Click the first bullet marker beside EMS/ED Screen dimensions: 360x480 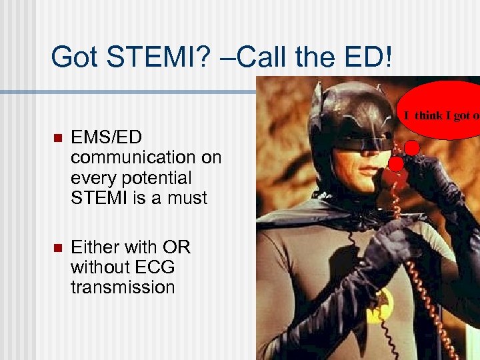56,138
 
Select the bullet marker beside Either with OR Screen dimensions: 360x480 56,248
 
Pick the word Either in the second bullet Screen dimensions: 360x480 95,247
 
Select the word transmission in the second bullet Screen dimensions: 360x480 123,287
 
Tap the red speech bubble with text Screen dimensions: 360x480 440,110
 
